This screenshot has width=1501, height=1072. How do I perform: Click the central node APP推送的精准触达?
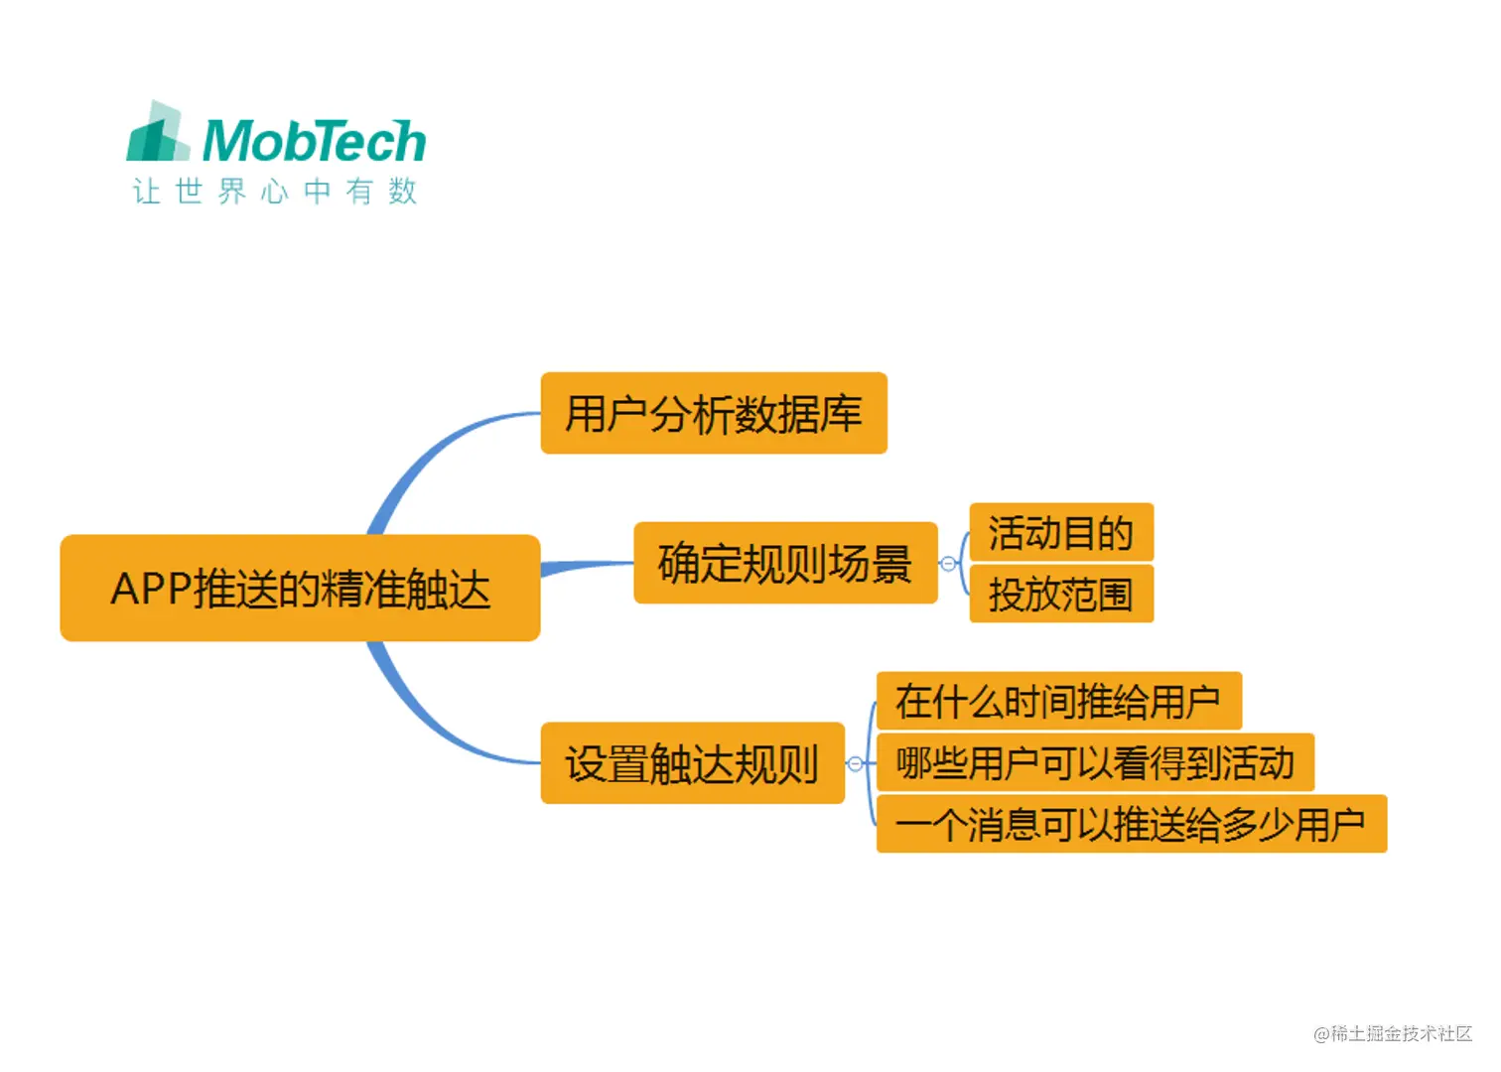(300, 588)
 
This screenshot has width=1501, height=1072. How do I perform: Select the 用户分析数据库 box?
(713, 413)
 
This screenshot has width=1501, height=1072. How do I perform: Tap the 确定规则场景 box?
(784, 563)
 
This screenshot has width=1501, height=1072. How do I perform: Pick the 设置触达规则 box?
(692, 762)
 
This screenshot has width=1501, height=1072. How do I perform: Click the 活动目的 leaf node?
(1060, 532)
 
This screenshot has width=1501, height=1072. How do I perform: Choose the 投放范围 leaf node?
(1060, 594)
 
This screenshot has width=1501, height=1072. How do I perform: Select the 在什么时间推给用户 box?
(1058, 701)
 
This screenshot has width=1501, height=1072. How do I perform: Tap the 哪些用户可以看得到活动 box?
(1094, 762)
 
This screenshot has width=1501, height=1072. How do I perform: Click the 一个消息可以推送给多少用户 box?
(1131, 824)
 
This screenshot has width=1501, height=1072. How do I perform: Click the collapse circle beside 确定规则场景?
(948, 564)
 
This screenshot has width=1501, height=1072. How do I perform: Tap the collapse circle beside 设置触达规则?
(855, 763)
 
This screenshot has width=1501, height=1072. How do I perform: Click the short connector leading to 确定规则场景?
(588, 566)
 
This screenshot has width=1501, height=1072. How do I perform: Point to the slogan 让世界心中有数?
(274, 191)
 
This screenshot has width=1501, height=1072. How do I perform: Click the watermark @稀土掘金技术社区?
(1392, 1033)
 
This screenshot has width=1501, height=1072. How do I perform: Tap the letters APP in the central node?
(149, 589)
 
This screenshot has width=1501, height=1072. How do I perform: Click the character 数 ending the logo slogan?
(402, 191)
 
